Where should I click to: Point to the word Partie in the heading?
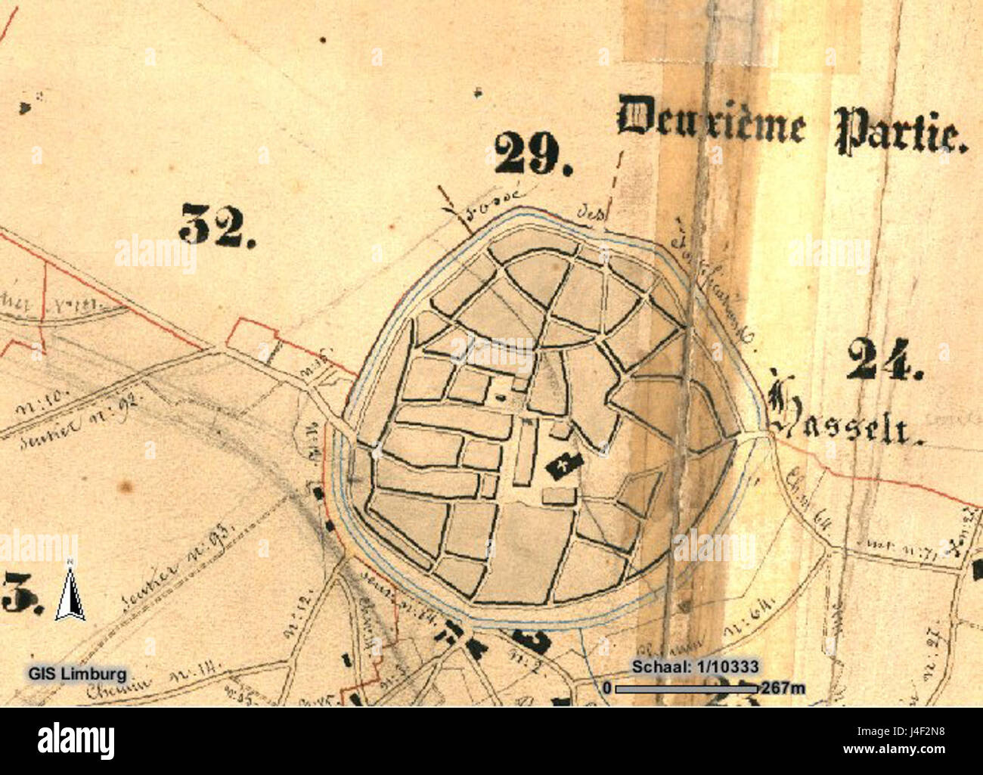coord(901,130)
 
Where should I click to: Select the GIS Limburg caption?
coord(77,673)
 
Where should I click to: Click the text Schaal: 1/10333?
coord(695,666)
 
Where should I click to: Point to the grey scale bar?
coord(686,688)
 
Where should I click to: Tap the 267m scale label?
coord(783,688)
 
